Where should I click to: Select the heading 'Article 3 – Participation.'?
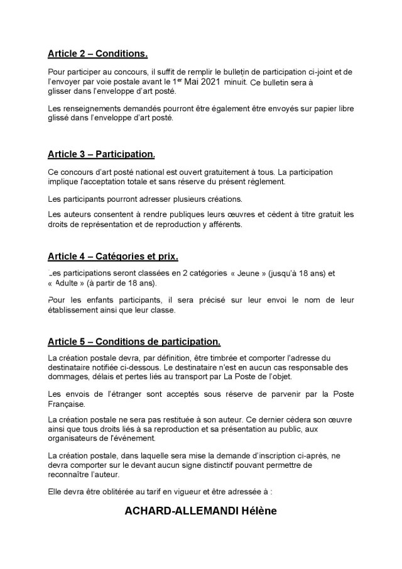(101, 153)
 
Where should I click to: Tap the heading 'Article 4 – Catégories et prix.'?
(113, 256)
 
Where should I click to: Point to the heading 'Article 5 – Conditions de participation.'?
(134, 342)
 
